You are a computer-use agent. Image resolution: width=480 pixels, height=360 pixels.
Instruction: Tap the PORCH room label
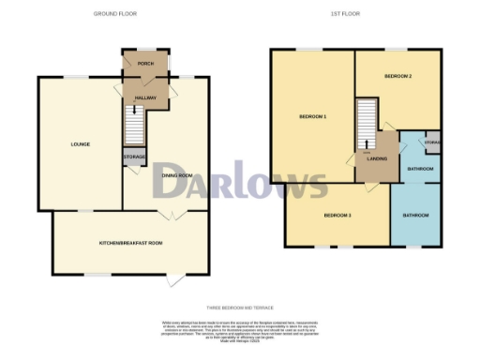click(144, 64)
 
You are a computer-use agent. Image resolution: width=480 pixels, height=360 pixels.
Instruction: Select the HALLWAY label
click(144, 97)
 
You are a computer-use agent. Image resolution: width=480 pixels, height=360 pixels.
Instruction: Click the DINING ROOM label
click(177, 174)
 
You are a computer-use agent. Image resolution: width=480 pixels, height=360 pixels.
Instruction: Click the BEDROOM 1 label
click(312, 116)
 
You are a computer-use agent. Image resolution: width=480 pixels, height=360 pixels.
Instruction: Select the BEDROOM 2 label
click(398, 75)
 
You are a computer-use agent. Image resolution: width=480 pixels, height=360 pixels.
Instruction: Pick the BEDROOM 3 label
click(337, 216)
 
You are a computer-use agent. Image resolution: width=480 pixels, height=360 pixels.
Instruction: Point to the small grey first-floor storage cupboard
click(432, 142)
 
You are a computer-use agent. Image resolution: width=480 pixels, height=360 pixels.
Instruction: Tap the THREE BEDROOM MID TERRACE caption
click(239, 307)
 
